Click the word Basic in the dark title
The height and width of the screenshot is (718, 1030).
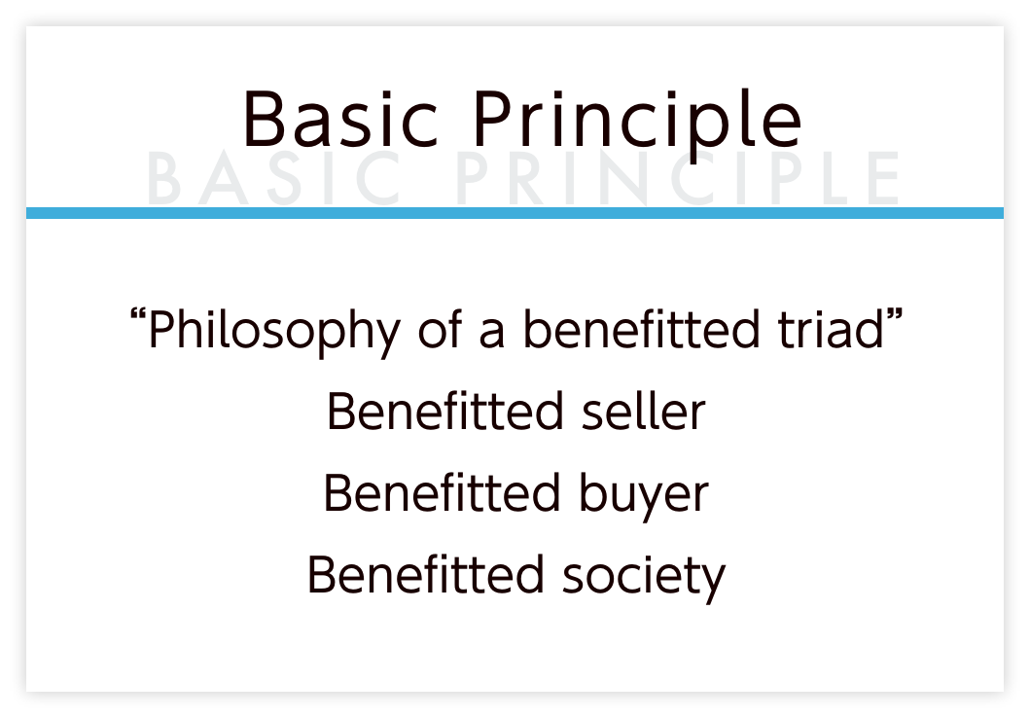(340, 119)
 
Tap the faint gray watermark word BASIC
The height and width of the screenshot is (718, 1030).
(274, 179)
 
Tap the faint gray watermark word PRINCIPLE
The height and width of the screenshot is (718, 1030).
(677, 179)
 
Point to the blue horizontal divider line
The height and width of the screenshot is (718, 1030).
(515, 213)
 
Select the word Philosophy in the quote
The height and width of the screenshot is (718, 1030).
(274, 332)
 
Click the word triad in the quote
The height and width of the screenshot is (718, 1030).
(831, 328)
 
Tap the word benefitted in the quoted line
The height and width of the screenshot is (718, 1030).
(641, 328)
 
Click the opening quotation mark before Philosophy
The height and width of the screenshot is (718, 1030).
(137, 316)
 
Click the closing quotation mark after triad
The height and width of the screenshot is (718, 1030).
(895, 316)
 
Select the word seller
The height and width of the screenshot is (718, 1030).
(643, 412)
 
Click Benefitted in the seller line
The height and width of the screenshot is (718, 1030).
(444, 412)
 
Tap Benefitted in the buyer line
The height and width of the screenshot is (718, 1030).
(442, 492)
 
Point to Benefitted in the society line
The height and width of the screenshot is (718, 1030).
(426, 574)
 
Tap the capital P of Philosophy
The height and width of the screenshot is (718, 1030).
(162, 328)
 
